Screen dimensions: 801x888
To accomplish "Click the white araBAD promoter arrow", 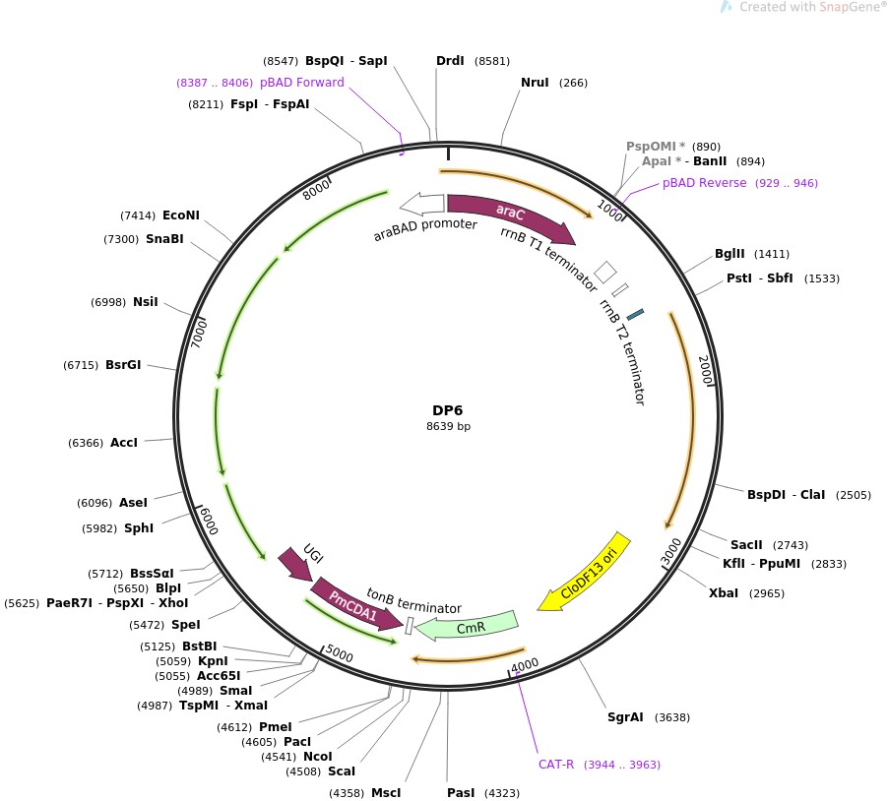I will [x=421, y=204].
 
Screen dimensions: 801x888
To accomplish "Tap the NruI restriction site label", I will [x=535, y=83].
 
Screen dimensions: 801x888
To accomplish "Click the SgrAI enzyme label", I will [x=625, y=716].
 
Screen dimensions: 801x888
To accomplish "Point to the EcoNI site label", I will [x=181, y=215].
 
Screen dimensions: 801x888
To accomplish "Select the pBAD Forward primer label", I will [x=302, y=83].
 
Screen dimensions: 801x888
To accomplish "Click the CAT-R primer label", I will [x=556, y=765].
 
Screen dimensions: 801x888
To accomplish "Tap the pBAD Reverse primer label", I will [x=704, y=183].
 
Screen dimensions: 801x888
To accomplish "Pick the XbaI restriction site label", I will [x=724, y=593].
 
